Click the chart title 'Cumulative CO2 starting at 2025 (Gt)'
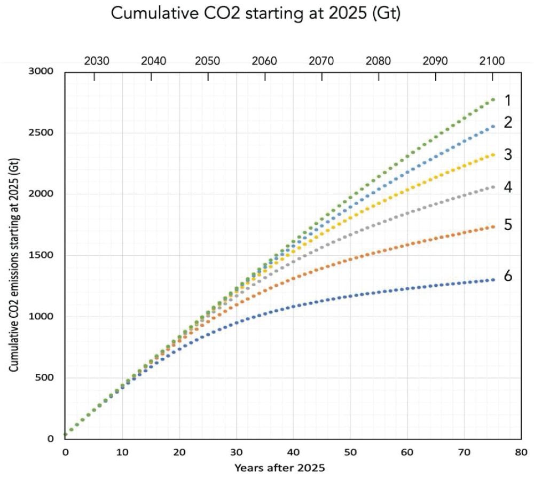pos(255,14)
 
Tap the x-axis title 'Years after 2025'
pos(279,468)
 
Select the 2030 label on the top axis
pos(97,61)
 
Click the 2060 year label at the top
pos(265,61)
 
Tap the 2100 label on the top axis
pos(491,61)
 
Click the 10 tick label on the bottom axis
pos(122,452)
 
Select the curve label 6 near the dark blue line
pos(508,276)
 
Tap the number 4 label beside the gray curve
pos(508,187)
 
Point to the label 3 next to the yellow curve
pos(508,155)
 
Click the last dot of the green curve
pos(493,99)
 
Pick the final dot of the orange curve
pos(493,226)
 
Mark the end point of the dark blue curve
pos(493,280)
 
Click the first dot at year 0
pos(66,435)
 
